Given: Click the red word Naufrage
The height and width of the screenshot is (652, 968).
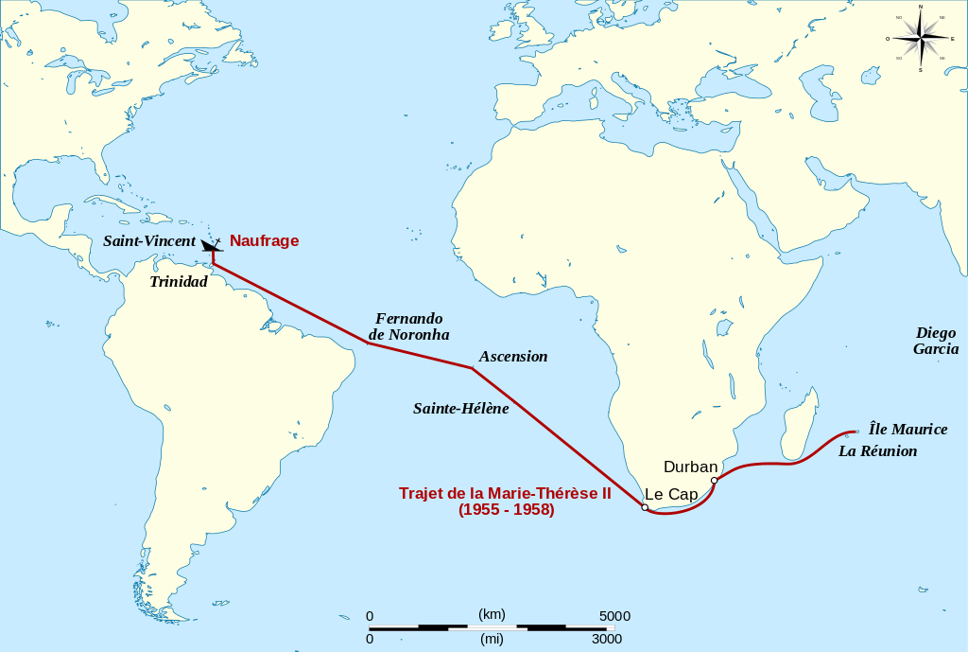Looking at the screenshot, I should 264,241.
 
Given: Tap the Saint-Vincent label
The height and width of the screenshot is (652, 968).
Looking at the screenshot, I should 149,241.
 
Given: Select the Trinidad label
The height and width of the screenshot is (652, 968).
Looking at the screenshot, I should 178,282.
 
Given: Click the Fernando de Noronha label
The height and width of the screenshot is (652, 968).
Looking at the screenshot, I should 408,326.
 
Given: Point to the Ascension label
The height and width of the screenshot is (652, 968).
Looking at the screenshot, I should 513,357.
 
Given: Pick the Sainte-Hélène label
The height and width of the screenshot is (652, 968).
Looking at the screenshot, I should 460,409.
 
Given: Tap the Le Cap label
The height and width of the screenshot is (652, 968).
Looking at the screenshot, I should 671,494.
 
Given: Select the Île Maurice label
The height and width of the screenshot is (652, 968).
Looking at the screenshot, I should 907,430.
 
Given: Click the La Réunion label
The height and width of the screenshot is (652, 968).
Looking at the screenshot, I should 877,451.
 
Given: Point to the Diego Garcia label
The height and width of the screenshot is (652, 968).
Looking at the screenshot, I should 936,341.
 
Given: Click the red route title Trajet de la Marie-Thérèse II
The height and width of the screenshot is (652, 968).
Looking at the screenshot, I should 505,494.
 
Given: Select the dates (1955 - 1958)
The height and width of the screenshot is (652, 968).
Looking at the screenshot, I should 506,510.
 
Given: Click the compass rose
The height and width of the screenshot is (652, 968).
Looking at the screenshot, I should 921,38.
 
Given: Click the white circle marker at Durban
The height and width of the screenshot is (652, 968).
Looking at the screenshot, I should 715,480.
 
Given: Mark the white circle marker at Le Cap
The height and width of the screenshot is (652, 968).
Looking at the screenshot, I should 645,508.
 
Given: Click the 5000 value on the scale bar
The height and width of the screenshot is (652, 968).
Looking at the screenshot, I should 614,616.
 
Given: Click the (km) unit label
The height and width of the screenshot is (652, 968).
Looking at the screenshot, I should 492,614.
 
